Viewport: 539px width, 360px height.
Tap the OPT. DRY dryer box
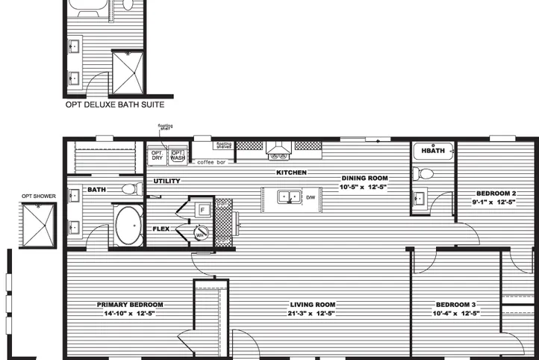(158, 155)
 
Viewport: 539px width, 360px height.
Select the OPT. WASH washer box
(178, 155)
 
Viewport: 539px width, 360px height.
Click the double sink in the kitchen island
(287, 197)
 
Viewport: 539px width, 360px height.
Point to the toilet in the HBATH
(426, 174)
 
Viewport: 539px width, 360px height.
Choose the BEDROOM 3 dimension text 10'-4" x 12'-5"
(456, 314)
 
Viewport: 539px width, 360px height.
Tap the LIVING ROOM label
(313, 305)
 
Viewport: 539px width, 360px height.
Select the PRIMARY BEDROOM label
(130, 305)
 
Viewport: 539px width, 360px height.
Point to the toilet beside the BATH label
(131, 188)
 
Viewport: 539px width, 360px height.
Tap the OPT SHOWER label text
(37, 196)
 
